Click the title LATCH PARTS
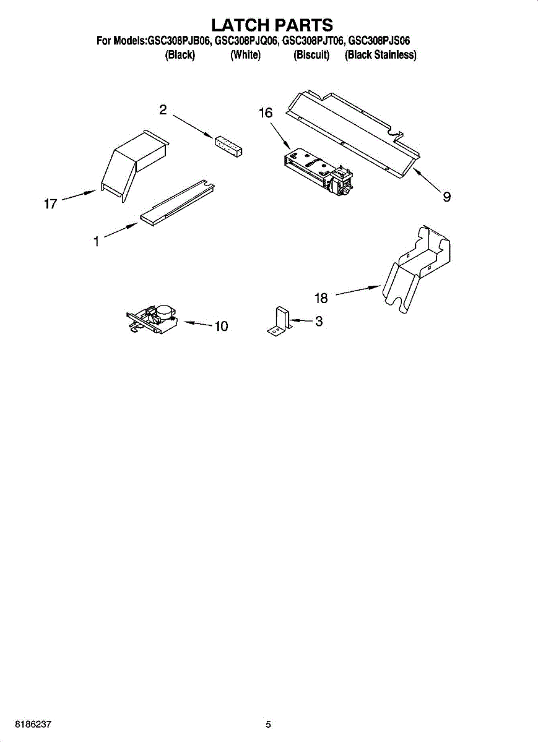click(x=272, y=25)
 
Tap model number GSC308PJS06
click(x=379, y=41)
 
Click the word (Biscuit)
click(x=311, y=55)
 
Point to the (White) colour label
click(x=245, y=55)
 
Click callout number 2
click(x=163, y=110)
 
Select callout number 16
click(x=265, y=113)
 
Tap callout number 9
click(x=446, y=197)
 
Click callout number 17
click(x=50, y=203)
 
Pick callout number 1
click(x=97, y=242)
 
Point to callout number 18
click(x=321, y=298)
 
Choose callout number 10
click(x=221, y=326)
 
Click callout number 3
click(x=318, y=322)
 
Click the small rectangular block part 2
click(x=228, y=146)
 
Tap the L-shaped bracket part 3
click(x=280, y=322)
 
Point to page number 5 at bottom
click(x=268, y=725)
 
